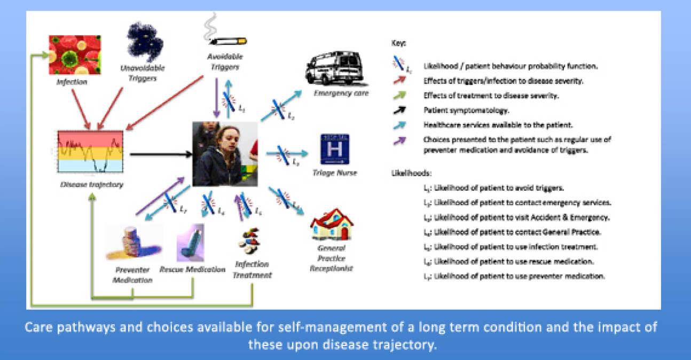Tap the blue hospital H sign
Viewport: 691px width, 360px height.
coord(335,148)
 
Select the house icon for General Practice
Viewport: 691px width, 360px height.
coord(332,225)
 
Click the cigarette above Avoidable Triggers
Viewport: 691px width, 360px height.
coord(227,38)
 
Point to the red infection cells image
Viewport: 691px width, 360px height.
coord(74,54)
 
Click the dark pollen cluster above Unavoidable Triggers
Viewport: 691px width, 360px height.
coord(144,42)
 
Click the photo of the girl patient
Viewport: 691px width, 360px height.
coord(225,153)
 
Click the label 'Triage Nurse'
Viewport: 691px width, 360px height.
coord(335,173)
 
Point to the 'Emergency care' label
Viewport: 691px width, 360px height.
coord(334,93)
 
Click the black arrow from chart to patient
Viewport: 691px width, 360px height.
coord(160,154)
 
